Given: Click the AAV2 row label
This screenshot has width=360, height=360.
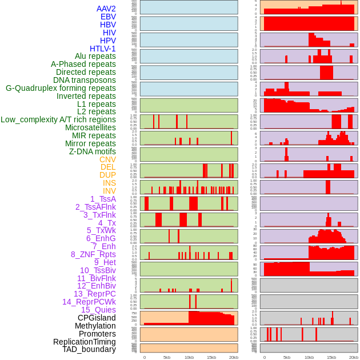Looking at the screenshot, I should pyautogui.click(x=106, y=9).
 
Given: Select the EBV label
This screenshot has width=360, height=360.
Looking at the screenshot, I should pyautogui.click(x=108, y=17).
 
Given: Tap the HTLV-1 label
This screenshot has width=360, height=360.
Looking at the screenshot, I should pyautogui.click(x=103, y=49).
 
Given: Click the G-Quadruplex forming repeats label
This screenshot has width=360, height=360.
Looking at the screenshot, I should pyautogui.click(x=61, y=88).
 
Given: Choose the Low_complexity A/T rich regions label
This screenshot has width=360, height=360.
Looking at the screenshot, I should pyautogui.click(x=58, y=119).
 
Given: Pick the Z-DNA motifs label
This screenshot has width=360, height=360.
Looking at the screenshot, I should pyautogui.click(x=93, y=151).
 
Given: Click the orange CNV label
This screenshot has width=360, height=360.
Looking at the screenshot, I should pyautogui.click(x=107, y=159).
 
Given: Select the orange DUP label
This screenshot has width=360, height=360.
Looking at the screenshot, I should pyautogui.click(x=107, y=175).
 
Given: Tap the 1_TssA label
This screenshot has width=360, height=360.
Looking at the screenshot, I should pyautogui.click(x=103, y=199).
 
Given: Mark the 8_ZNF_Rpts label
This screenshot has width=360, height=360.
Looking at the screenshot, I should pyautogui.click(x=93, y=254).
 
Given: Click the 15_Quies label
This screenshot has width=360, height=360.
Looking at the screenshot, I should pyautogui.click(x=98, y=310).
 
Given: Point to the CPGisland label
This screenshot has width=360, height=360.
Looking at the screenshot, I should pyautogui.click(x=97, y=318).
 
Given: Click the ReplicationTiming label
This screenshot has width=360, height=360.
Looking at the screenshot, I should pyautogui.click(x=85, y=342).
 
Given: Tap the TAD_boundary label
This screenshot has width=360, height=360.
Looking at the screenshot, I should pyautogui.click(x=89, y=349).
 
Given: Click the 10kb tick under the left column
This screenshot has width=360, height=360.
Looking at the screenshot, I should pyautogui.click(x=189, y=357).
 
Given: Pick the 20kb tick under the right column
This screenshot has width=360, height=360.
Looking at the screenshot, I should pyautogui.click(x=354, y=357).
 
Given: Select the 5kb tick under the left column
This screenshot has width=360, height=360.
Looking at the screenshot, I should pyautogui.click(x=167, y=357).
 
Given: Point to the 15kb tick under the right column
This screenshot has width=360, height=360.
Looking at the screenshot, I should pyautogui.click(x=331, y=357).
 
